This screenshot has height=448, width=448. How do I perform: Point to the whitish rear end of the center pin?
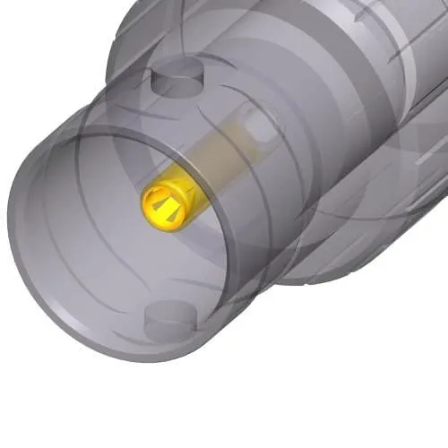tap(261, 126)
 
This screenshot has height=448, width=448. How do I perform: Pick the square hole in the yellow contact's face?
tap(167, 198)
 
